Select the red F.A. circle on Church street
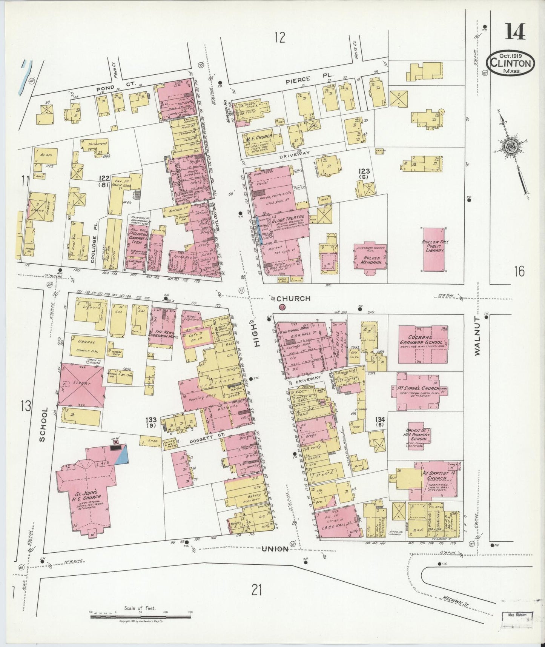[x=282, y=307]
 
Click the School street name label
[x=43, y=424]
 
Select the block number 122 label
[x=104, y=178]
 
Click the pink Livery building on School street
[x=82, y=385]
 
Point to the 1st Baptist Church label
[x=437, y=475]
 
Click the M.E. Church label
[x=259, y=139]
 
